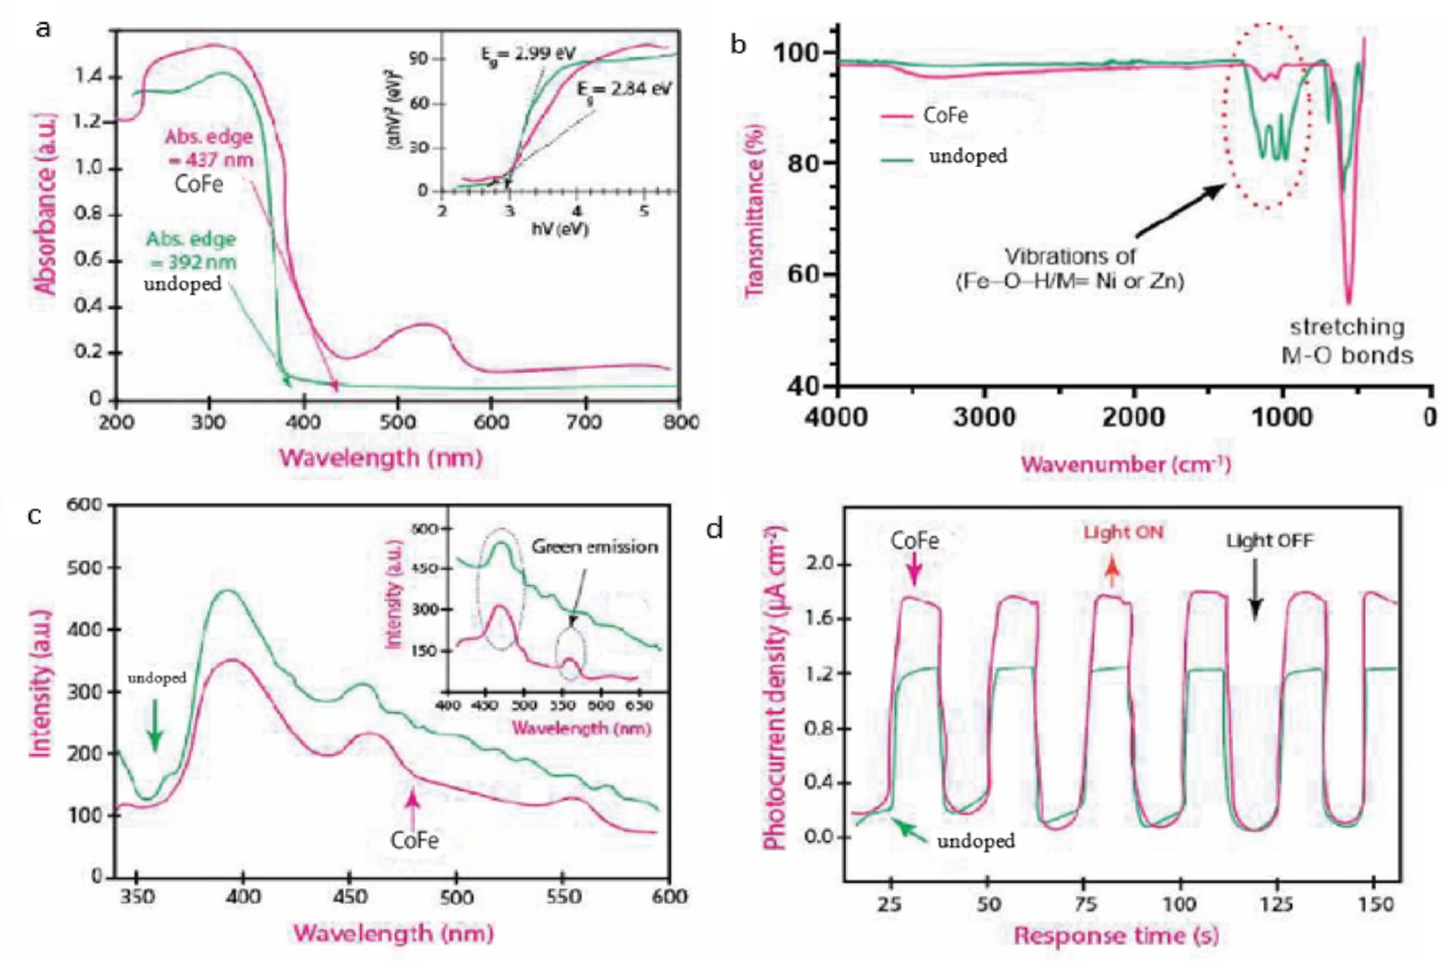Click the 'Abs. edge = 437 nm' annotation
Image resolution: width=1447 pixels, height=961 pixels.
point(209,148)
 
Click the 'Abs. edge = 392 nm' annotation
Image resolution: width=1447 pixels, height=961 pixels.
point(191,251)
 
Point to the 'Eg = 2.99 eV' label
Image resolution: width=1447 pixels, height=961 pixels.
point(528,54)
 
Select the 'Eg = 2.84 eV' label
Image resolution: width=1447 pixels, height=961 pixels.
point(624,90)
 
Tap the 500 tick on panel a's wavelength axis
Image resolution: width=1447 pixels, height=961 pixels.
point(398,422)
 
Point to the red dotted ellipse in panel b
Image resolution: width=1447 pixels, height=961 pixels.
point(1267,116)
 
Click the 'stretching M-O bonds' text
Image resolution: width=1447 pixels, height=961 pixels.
point(1347,341)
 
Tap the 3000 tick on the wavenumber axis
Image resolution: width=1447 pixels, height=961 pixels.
point(984,417)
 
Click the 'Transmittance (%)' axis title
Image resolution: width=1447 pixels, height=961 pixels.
point(754,211)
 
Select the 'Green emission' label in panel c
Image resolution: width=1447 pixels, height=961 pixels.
point(595,546)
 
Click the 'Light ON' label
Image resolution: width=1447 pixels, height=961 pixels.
point(1123,533)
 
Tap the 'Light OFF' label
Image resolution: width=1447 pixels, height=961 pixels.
point(1269,541)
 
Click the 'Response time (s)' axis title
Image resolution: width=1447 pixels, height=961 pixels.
point(1116,936)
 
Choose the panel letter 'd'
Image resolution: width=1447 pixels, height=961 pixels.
point(715,527)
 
